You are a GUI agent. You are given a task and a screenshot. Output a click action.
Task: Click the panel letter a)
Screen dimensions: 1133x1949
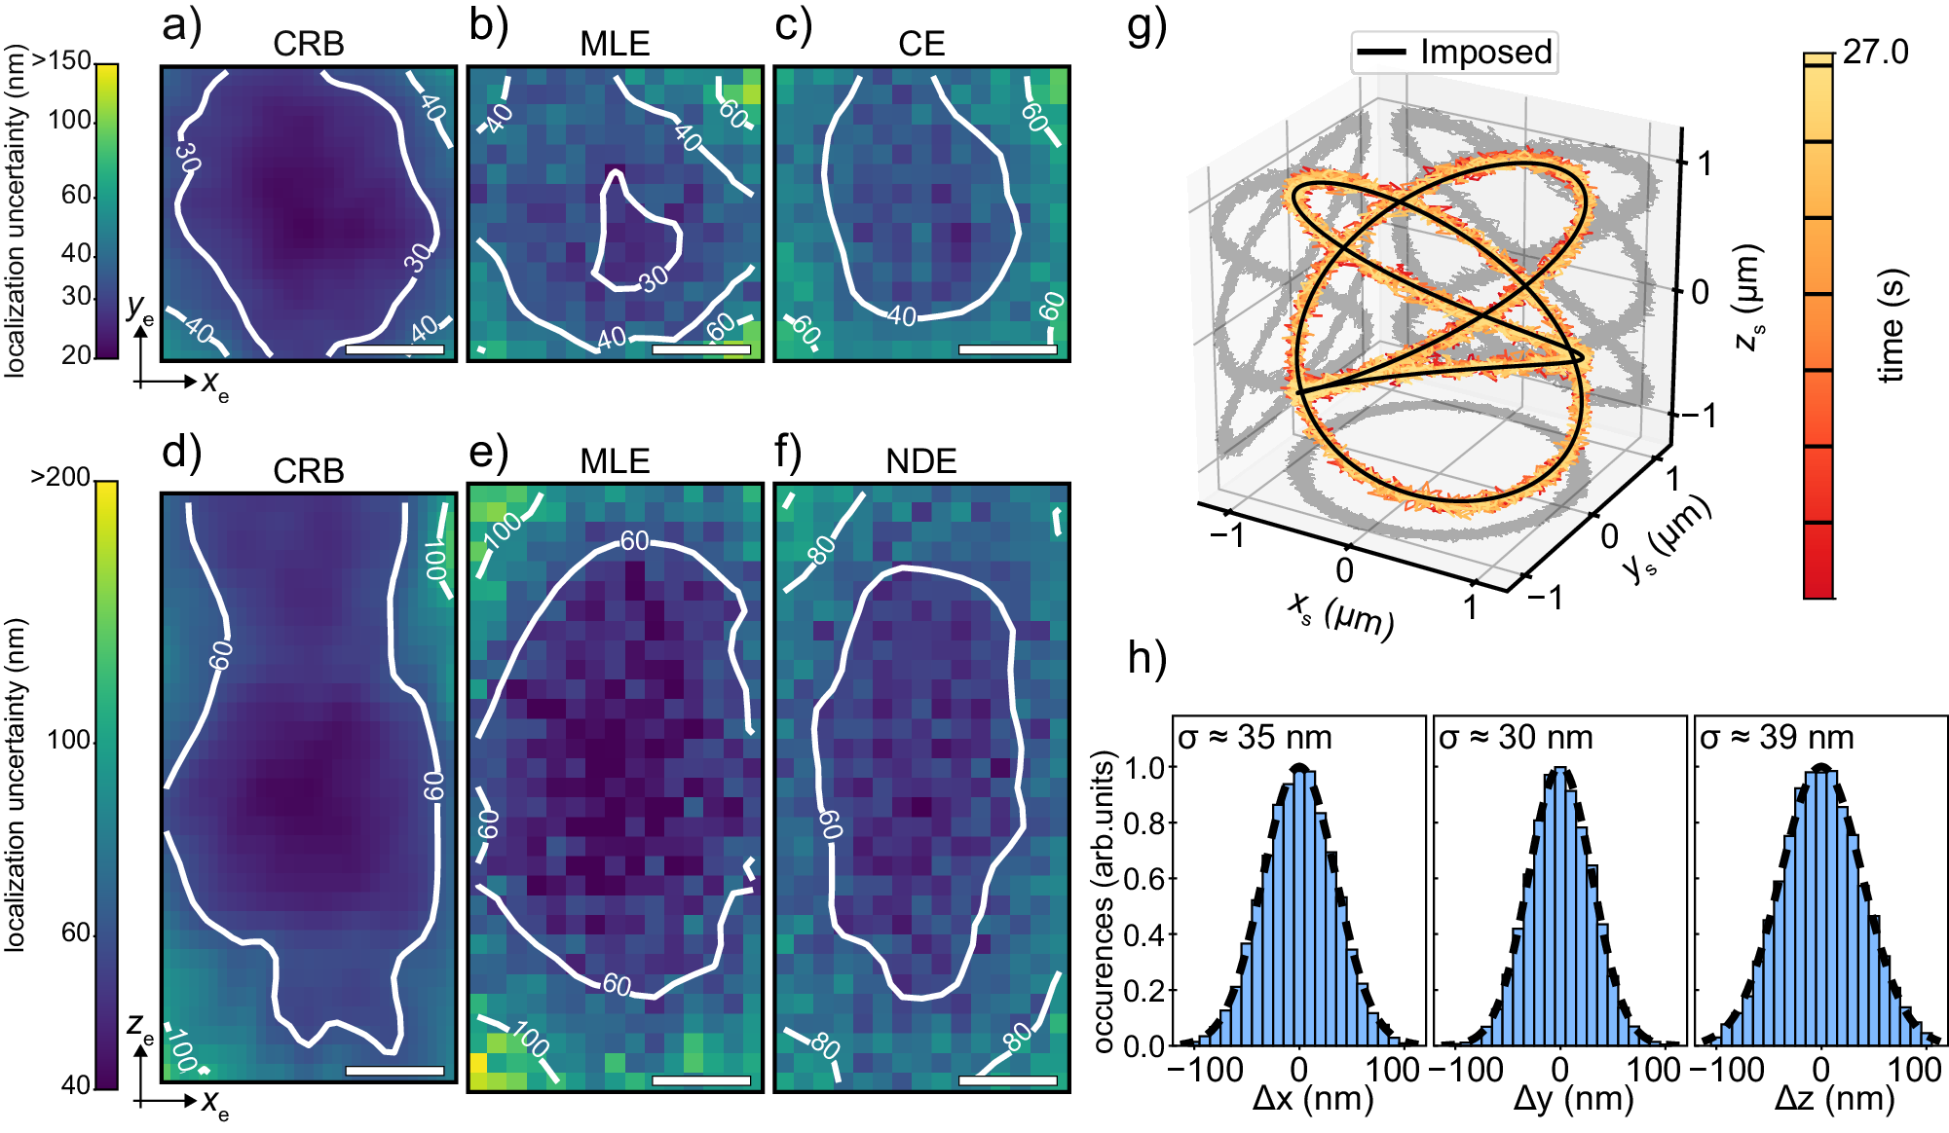pos(181,25)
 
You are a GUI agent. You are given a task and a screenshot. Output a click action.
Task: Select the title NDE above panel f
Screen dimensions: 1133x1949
pos(920,461)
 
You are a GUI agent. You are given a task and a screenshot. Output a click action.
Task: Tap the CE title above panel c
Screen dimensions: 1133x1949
pos(920,44)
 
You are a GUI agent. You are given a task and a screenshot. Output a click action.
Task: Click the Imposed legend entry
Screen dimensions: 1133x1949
pos(1454,53)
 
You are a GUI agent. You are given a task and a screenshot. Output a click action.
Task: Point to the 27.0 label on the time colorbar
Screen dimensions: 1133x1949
pos(1875,52)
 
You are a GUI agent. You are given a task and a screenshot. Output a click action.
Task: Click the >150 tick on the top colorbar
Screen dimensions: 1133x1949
pos(61,60)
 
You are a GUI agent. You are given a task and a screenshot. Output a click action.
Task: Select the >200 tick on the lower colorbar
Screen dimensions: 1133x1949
pos(60,477)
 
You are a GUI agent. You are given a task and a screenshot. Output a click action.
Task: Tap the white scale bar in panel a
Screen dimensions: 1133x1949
pos(394,348)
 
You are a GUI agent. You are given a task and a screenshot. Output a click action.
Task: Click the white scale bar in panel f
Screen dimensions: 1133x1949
pos(1007,1079)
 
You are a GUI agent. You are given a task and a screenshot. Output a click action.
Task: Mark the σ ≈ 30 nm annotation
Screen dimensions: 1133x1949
pos(1516,738)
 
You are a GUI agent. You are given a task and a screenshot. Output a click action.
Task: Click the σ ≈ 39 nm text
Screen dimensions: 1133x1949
pos(1777,738)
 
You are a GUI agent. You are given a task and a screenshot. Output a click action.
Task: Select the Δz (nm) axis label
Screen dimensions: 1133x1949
pos(1834,1099)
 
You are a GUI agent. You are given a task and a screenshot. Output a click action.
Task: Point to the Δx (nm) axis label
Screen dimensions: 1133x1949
pos(1313,1099)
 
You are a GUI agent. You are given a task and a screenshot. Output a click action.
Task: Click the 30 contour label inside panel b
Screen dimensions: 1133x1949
pos(654,278)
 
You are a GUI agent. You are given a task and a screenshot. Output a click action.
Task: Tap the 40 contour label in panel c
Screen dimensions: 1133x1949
pos(902,315)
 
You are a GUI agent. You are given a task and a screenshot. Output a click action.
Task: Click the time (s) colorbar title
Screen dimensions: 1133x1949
pos(1891,325)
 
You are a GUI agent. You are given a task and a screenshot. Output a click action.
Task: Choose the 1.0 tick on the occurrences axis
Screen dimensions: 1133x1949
pos(1144,767)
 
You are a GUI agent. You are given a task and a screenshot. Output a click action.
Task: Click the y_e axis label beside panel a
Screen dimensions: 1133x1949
pos(139,308)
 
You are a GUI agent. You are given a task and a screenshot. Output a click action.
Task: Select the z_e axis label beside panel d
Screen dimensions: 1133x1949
pos(139,1026)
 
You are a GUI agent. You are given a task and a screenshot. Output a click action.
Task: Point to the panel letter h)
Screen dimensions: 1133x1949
pos(1146,658)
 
